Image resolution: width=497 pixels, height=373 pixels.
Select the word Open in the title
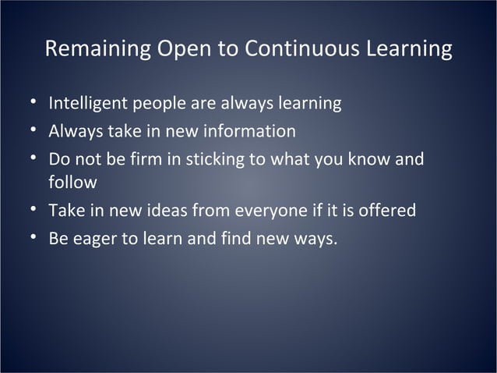tap(188, 49)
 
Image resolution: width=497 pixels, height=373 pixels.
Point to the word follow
tap(72, 183)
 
